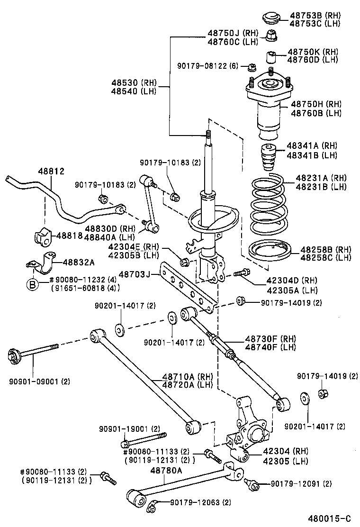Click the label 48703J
pos(134,274)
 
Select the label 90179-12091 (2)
pos(301,484)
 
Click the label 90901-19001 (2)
pos(129,428)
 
